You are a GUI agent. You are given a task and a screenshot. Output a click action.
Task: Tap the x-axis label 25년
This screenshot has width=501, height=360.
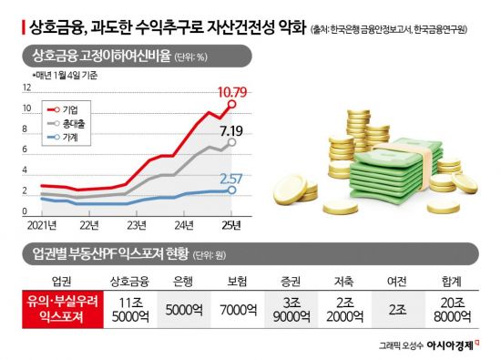click(231, 224)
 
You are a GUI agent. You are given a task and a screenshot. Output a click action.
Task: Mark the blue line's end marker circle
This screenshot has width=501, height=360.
click(232, 190)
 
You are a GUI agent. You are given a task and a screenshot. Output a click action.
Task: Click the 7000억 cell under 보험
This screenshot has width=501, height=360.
click(236, 310)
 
